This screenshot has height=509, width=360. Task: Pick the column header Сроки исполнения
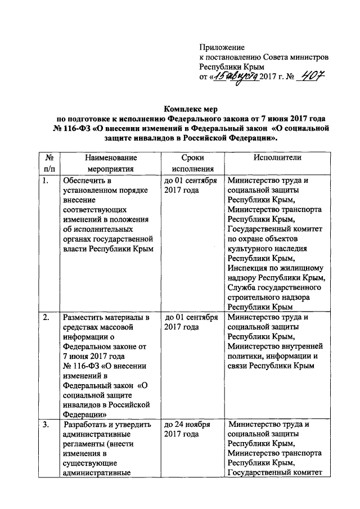pos(192,163)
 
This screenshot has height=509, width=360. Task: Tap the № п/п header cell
pos(49,163)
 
